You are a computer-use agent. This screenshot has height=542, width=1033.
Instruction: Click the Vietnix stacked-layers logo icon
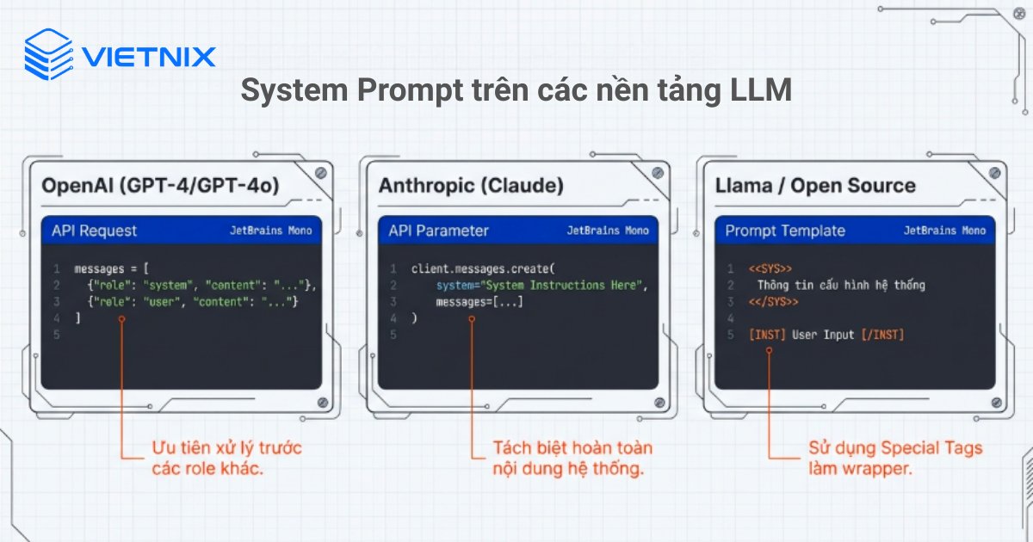[48, 54]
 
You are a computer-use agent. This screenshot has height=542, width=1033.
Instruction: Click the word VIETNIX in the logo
[149, 57]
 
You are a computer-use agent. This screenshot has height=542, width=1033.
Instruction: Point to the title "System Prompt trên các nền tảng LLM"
[516, 90]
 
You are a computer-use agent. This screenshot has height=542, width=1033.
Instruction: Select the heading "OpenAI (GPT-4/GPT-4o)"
[160, 185]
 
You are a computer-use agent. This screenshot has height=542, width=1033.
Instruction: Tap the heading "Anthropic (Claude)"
[471, 185]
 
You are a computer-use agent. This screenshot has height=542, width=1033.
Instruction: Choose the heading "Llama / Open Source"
[815, 185]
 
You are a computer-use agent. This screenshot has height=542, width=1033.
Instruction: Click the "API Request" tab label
[94, 231]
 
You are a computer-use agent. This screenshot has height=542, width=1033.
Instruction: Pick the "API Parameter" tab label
[438, 231]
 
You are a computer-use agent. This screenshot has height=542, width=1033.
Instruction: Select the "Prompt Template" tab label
[785, 231]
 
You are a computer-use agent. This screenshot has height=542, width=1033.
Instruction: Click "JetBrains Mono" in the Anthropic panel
[608, 231]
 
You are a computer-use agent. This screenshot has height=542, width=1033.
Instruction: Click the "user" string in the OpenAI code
[160, 301]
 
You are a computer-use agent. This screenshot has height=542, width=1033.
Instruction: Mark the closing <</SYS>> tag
[773, 301]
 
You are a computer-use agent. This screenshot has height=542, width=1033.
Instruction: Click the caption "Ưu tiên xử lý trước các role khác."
[226, 459]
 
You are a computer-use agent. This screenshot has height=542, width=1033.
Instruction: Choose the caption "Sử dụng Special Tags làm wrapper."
[894, 459]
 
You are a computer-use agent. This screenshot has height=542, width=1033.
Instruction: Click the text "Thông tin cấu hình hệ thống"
[841, 285]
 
